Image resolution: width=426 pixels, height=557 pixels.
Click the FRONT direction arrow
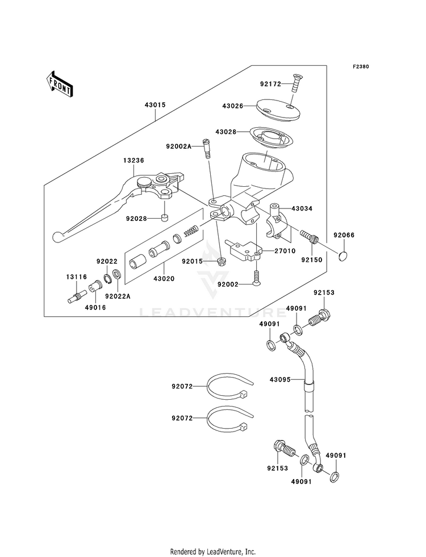pyautogui.click(x=59, y=84)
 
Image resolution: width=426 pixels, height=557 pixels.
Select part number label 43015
pyautogui.click(x=155, y=105)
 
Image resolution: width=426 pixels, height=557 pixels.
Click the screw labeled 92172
pyautogui.click(x=294, y=83)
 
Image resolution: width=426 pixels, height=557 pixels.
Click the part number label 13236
pyautogui.click(x=133, y=160)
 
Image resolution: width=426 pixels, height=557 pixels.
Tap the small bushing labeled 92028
pyautogui.click(x=164, y=217)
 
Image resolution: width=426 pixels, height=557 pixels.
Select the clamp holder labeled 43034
pyautogui.click(x=278, y=220)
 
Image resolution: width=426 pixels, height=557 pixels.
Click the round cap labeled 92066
pyautogui.click(x=344, y=256)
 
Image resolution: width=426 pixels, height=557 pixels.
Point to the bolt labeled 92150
pyautogui.click(x=310, y=236)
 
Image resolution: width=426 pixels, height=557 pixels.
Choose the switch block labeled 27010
pyautogui.click(x=245, y=251)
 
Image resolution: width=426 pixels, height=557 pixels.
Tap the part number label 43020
pyautogui.click(x=164, y=279)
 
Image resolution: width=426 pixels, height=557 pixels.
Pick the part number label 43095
pyautogui.click(x=280, y=380)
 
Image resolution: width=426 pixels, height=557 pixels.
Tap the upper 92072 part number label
pyautogui.click(x=182, y=386)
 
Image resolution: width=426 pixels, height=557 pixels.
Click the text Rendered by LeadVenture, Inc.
pyautogui.click(x=213, y=552)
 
